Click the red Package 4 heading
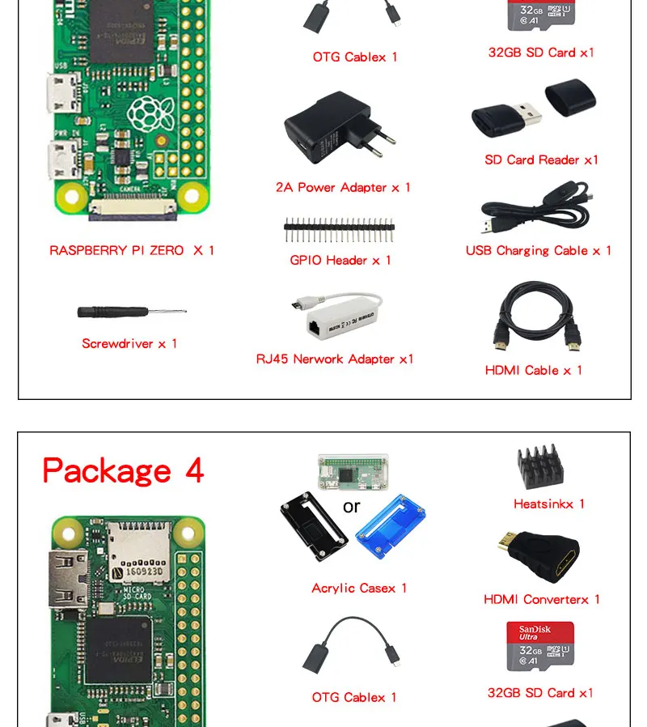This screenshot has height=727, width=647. point(123,470)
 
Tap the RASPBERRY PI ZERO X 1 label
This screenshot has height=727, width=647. point(132,250)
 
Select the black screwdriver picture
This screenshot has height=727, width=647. point(130,312)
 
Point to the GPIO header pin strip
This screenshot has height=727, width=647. point(339,230)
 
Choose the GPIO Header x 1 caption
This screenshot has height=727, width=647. point(340,260)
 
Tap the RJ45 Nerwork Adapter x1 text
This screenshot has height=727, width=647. point(335,359)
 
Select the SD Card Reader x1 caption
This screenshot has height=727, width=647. point(541,159)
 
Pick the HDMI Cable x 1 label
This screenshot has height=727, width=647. point(533,370)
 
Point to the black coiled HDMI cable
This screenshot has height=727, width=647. point(536,320)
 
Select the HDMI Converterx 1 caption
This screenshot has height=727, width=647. point(541,599)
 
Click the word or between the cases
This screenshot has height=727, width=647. point(351,507)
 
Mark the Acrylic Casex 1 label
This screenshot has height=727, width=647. point(359,588)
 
